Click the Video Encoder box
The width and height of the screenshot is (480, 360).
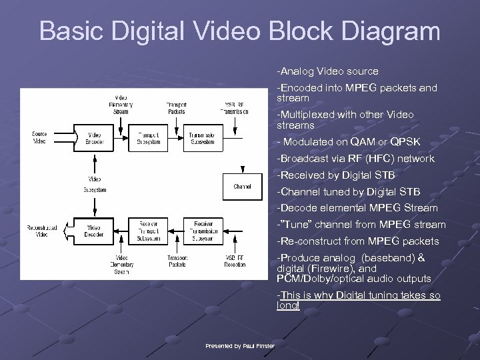tap(95, 138)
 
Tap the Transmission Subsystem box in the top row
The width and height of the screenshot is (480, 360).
tap(202, 138)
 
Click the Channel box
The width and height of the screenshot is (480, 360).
tap(242, 187)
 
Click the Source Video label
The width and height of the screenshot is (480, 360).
tap(39, 138)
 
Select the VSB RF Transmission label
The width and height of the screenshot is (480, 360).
tap(236, 108)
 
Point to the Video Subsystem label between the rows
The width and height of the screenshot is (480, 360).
tap(95, 183)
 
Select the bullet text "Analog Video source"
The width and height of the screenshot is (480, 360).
tap(329, 71)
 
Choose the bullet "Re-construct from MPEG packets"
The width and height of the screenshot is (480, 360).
tap(358, 241)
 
